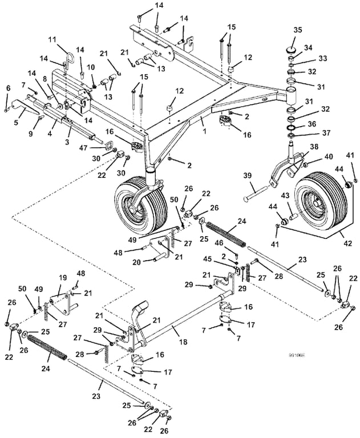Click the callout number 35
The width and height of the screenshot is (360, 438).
[297, 30]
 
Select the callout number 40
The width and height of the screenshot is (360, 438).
[329, 156]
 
